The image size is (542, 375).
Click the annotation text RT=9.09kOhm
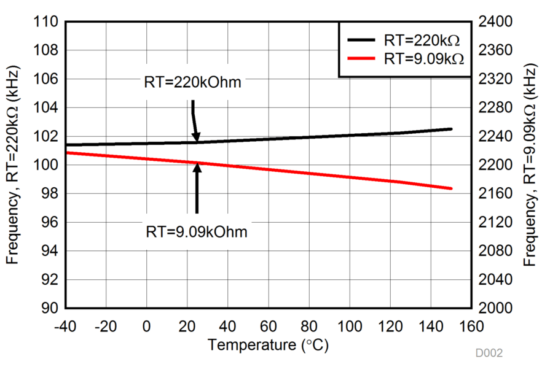tap(197, 231)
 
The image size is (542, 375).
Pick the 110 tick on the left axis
tap(49, 22)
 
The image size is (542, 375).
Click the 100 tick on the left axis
tap(49, 165)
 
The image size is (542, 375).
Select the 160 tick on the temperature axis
tap(471, 325)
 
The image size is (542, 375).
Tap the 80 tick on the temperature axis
tap(308, 325)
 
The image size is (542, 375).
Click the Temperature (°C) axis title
tap(268, 345)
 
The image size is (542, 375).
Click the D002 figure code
tap(489, 354)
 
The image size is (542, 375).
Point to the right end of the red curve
tap(452, 188)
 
